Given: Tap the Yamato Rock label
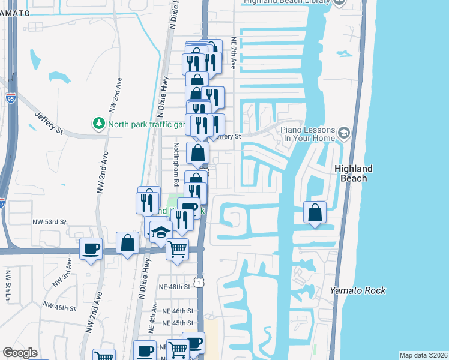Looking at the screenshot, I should pyautogui.click(x=358, y=290).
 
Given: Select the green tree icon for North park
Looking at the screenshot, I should pyautogui.click(x=98, y=124).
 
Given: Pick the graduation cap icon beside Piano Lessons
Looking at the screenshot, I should pyautogui.click(x=344, y=132).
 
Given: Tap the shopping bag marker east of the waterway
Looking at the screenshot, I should pyautogui.click(x=315, y=212).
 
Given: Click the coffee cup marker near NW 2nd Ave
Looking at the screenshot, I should pyautogui.click(x=91, y=248).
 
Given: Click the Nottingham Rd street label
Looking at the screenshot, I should pyautogui.click(x=176, y=164).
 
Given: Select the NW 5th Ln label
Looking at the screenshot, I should pyautogui.click(x=8, y=285).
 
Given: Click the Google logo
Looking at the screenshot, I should pyautogui.click(x=20, y=353).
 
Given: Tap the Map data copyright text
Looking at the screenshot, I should pyautogui.click(x=423, y=355).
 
